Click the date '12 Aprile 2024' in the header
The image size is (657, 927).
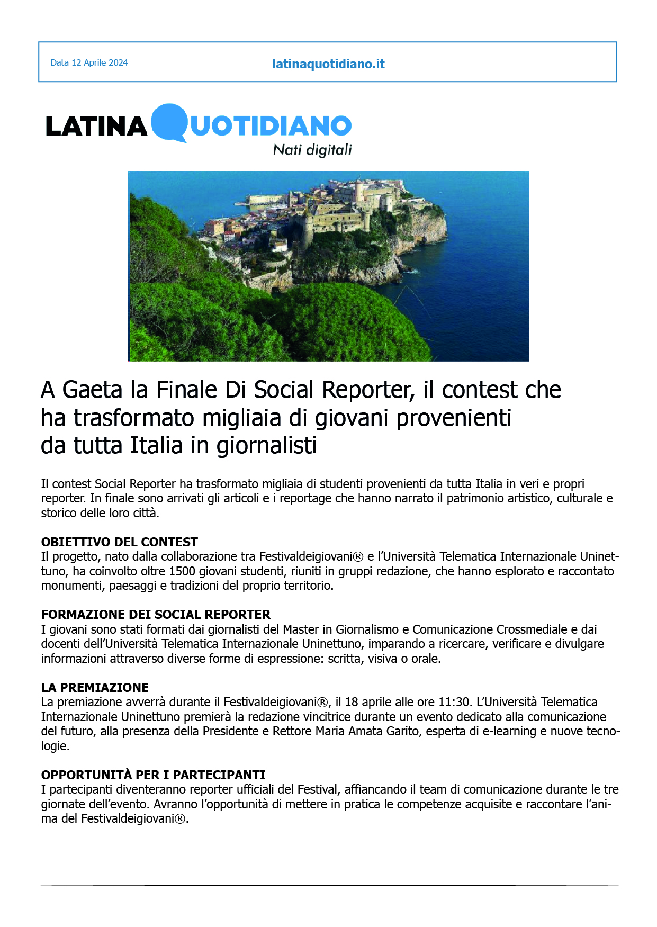[100, 62]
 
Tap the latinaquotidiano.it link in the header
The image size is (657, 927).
[328, 64]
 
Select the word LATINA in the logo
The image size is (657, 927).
[96, 126]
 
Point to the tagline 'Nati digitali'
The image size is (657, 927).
[312, 150]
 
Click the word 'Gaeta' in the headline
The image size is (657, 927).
[93, 390]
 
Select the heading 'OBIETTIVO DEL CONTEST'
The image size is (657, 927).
[119, 542]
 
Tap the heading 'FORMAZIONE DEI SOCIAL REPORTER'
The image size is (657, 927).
[156, 615]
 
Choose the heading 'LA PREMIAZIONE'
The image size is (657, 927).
[95, 688]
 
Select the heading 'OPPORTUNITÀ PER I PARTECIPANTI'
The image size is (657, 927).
[153, 775]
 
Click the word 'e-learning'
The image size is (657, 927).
[509, 731]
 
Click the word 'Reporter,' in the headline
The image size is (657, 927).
[368, 390]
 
